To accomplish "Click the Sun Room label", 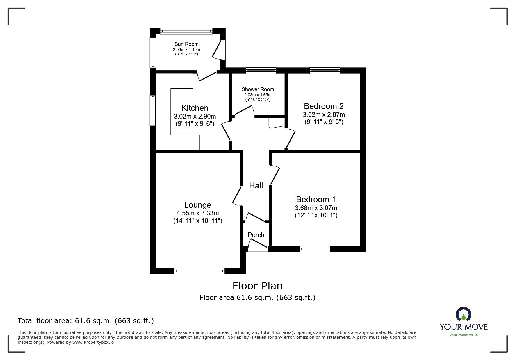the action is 186,44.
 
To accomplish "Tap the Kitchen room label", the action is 195,108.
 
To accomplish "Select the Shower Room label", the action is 258,89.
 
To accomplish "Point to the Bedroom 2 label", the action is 324,106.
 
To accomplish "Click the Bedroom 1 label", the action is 316,200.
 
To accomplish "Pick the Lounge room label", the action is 198,205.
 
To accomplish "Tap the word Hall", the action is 256,186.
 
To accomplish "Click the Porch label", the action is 256,235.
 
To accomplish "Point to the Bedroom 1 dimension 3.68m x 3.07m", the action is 316,208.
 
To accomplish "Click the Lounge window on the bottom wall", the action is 199,271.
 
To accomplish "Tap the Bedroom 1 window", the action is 315,249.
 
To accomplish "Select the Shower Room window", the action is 261,71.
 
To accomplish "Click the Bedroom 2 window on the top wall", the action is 325,71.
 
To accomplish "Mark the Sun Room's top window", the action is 186,31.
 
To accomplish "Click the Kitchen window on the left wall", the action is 153,110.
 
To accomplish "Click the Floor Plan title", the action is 257,286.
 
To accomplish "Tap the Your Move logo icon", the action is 463,315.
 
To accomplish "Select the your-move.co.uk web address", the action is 464,335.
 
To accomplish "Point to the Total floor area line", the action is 86,321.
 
